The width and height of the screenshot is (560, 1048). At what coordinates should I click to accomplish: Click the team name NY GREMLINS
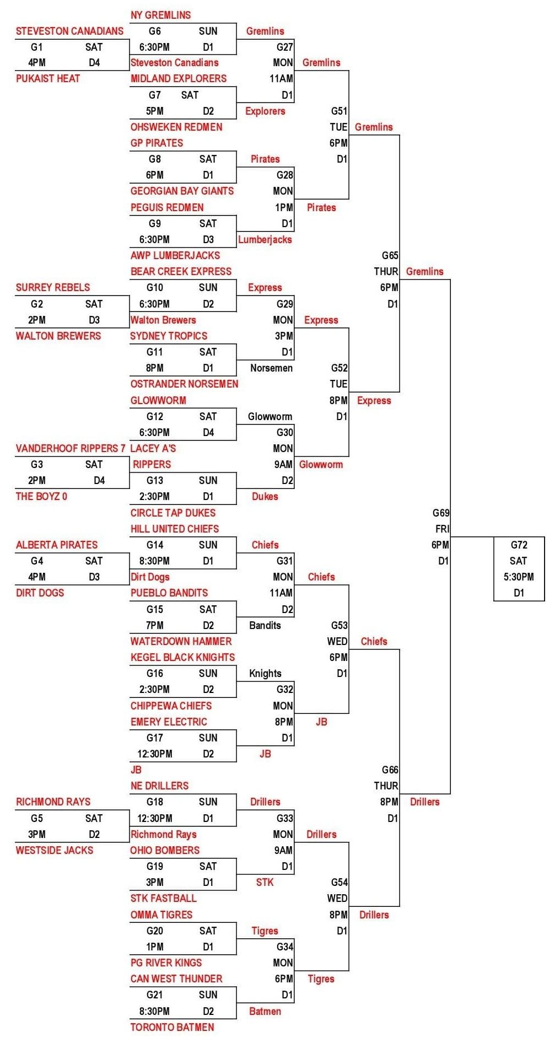(160, 15)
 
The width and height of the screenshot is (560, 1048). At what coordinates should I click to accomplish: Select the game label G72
(519, 545)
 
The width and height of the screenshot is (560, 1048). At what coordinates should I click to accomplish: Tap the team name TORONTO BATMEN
(172, 1026)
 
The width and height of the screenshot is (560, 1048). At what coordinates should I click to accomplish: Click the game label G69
(440, 513)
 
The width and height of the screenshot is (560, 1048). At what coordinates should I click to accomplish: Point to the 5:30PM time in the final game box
(519, 577)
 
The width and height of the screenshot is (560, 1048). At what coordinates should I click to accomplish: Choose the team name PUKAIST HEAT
(48, 78)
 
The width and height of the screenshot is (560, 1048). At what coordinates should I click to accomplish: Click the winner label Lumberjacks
(265, 239)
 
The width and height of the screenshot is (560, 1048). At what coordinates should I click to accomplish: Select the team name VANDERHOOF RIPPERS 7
(71, 448)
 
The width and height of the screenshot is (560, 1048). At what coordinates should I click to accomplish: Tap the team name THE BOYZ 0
(41, 496)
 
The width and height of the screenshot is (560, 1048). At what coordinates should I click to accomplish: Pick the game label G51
(339, 111)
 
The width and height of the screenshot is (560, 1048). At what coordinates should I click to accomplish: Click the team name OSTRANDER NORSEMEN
(184, 384)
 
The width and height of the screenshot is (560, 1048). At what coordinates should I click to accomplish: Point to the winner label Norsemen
(271, 368)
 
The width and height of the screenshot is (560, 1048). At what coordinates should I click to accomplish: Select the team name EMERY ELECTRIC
(169, 722)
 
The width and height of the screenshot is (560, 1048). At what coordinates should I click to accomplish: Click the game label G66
(390, 770)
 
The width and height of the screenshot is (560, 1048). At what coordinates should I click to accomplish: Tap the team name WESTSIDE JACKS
(55, 850)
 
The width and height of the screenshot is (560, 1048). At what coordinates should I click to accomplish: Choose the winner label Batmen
(265, 1011)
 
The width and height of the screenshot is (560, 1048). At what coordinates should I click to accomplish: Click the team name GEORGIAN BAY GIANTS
(182, 191)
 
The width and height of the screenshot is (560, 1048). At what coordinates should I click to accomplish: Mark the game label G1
(37, 47)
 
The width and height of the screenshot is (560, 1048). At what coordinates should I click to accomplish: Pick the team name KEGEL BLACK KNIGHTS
(182, 657)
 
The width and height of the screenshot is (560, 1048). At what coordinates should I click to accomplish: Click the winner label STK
(265, 882)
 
